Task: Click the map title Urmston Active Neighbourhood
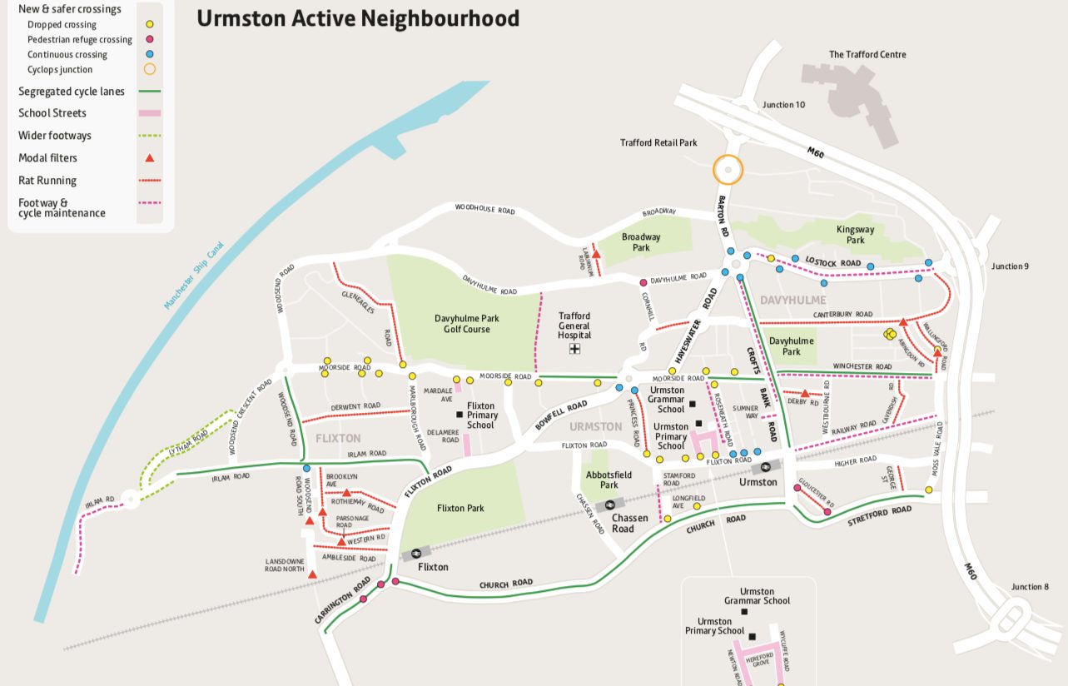click(x=358, y=18)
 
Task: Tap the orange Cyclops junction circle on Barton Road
click(x=728, y=170)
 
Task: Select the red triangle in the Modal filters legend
click(x=149, y=158)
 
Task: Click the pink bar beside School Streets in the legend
click(x=149, y=113)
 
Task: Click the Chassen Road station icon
click(x=610, y=504)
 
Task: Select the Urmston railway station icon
click(x=766, y=468)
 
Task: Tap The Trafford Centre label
click(x=867, y=55)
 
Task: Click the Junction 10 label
click(x=783, y=105)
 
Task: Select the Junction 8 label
click(x=1031, y=587)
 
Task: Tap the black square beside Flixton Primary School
click(x=459, y=415)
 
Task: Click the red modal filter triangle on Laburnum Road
click(x=596, y=254)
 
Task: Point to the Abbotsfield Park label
click(x=609, y=480)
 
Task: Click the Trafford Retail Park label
click(x=658, y=143)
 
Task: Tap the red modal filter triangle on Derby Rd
click(x=805, y=393)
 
